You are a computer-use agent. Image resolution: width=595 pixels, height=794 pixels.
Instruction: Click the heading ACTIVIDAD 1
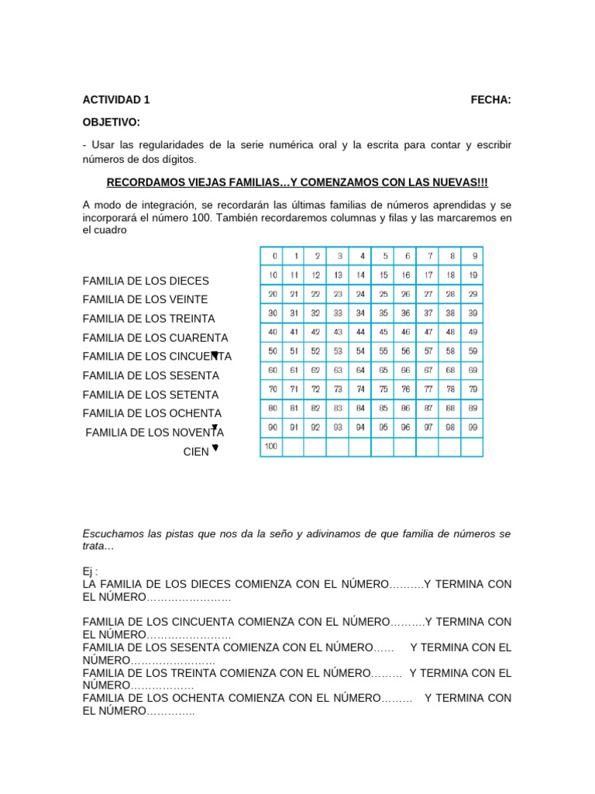click(x=116, y=99)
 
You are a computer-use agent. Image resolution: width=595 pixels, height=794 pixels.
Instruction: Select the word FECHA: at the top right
click(x=490, y=99)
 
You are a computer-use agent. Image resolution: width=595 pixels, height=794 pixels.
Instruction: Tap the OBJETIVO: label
click(x=112, y=123)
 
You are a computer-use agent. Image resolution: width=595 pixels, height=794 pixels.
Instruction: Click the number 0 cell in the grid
click(x=272, y=256)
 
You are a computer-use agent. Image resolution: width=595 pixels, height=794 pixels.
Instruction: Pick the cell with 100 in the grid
click(x=272, y=447)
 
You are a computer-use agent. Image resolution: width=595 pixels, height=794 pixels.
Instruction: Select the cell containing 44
click(x=360, y=332)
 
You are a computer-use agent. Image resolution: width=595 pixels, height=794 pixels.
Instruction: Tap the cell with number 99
click(x=472, y=427)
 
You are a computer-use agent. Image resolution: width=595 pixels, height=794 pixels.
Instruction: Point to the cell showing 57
click(x=427, y=351)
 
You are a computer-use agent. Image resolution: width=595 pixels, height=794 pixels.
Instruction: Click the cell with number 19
click(x=472, y=275)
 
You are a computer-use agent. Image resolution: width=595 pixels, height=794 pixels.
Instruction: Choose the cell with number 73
click(x=338, y=389)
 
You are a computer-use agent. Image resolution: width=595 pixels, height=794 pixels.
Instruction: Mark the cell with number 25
click(x=383, y=294)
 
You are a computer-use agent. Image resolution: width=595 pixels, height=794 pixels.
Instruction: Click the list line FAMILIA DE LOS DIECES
click(x=146, y=281)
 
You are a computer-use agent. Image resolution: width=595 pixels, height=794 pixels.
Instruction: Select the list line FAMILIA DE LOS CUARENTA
click(x=155, y=338)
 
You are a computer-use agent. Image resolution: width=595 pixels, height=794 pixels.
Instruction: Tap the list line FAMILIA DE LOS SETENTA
click(x=150, y=395)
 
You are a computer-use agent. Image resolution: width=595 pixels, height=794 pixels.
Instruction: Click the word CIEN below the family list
click(x=196, y=452)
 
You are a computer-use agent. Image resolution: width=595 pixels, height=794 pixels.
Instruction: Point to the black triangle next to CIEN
click(x=215, y=448)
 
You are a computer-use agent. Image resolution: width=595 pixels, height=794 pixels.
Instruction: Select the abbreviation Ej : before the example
click(x=91, y=571)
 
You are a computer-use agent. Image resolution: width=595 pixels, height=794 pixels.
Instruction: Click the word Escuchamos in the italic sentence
click(x=111, y=533)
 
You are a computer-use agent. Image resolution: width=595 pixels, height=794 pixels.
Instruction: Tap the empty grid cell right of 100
click(x=294, y=447)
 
